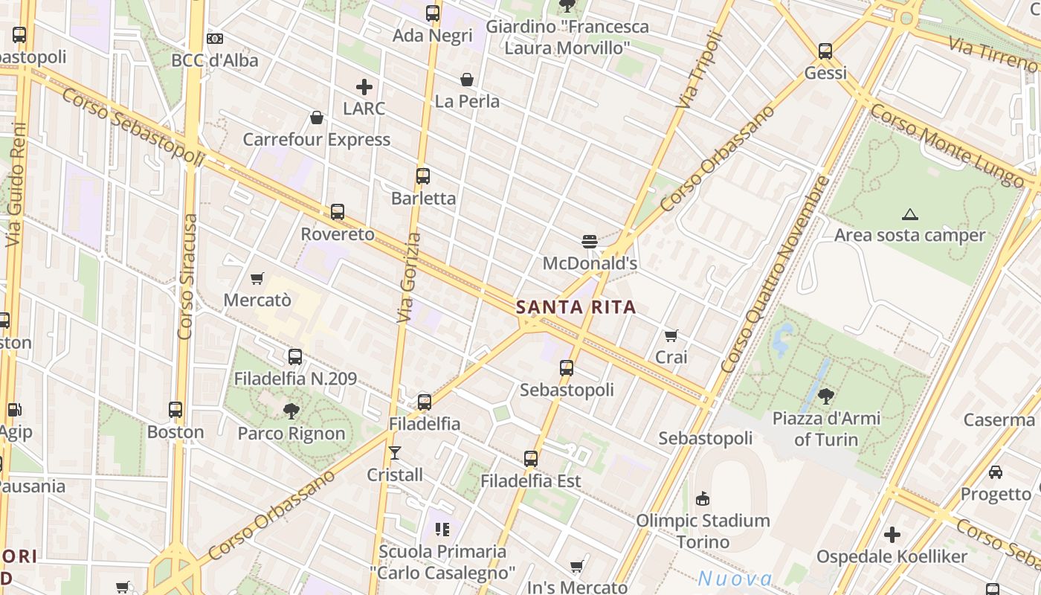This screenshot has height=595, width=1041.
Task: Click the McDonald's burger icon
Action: click(590, 241)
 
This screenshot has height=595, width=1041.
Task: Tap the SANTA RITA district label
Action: click(576, 307)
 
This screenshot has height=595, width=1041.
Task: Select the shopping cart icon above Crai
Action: click(671, 335)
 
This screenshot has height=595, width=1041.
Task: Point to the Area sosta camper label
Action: click(909, 236)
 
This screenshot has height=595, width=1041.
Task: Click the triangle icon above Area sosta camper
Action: click(909, 215)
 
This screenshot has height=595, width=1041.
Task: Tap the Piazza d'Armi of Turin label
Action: click(826, 428)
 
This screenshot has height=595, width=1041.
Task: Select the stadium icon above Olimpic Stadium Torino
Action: click(703, 498)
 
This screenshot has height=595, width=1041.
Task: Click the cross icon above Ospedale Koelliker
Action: click(892, 534)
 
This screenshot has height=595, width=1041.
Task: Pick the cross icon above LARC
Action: click(364, 87)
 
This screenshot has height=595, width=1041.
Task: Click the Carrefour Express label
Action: click(317, 140)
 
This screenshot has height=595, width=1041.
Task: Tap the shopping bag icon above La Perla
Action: click(467, 79)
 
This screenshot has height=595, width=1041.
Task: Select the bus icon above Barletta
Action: click(423, 176)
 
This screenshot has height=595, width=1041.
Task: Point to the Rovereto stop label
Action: click(338, 234)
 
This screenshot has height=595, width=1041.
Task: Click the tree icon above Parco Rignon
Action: click(291, 411)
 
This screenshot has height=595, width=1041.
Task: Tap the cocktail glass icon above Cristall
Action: click(395, 452)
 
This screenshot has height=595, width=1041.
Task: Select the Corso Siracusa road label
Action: click(188, 277)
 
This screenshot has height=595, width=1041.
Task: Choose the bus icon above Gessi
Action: click(825, 51)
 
